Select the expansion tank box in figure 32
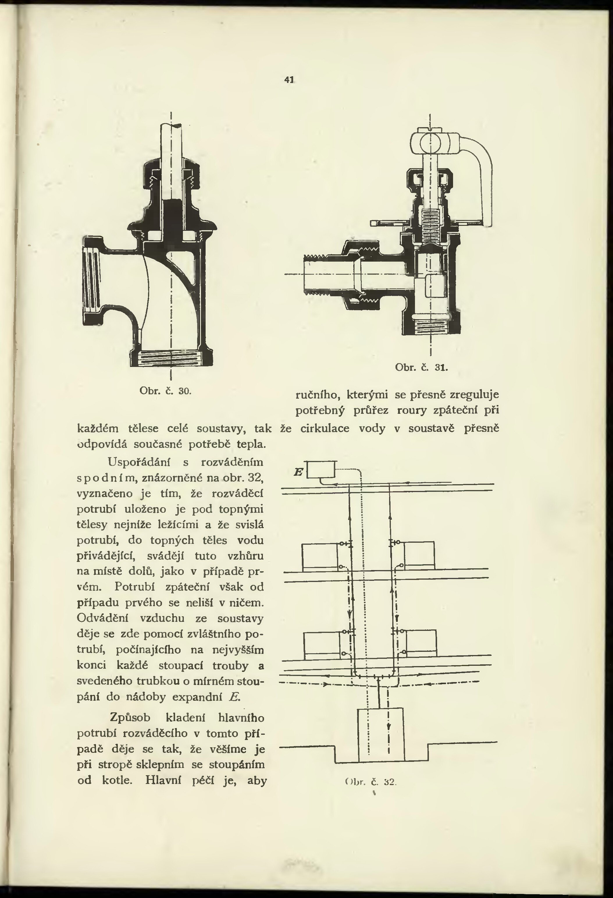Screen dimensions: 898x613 pyautogui.click(x=321, y=470)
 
